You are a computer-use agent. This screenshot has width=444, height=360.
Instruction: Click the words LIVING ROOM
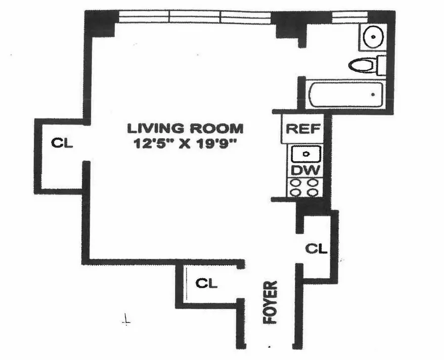point(185,128)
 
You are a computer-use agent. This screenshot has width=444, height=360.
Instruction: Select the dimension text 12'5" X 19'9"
point(186,143)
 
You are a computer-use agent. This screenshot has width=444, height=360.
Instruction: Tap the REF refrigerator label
point(303,128)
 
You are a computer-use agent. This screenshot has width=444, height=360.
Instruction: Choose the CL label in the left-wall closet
point(62,143)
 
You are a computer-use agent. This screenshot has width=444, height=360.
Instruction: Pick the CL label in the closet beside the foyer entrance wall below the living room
point(206,284)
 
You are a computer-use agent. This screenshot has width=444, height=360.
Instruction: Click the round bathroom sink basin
point(373,37)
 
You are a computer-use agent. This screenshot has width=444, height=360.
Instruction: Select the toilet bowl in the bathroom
point(363,65)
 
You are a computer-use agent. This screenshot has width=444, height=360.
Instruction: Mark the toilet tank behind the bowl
point(382,65)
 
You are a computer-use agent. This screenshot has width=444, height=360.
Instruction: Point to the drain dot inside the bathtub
point(373,95)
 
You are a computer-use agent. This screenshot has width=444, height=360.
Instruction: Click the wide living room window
point(195,17)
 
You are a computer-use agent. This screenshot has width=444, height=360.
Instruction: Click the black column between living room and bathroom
point(289,25)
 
